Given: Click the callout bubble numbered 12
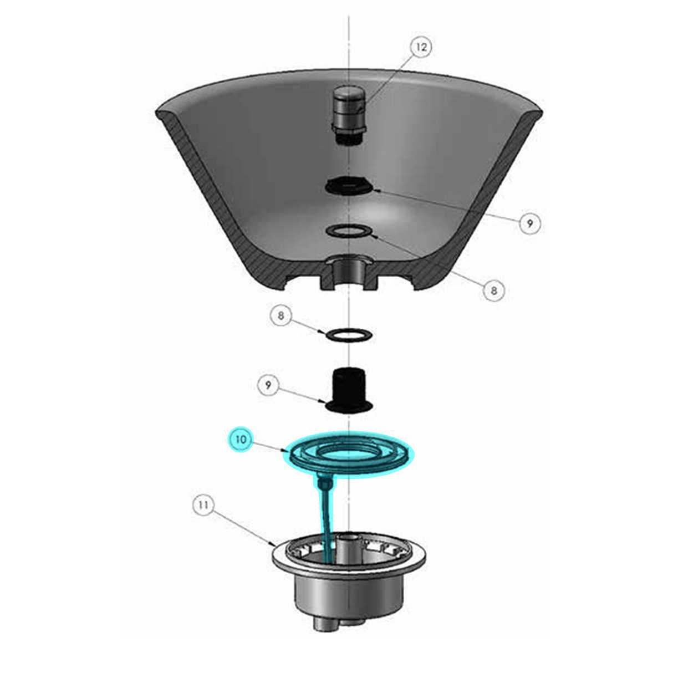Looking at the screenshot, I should click(421, 47).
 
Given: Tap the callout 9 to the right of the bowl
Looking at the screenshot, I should click(530, 223).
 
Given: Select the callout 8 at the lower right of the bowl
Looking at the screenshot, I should click(493, 289).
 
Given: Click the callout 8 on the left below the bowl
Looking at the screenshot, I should click(281, 316).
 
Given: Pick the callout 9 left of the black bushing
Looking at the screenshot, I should click(269, 385).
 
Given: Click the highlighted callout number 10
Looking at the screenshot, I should click(241, 440).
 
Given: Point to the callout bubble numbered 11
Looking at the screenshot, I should click(204, 505).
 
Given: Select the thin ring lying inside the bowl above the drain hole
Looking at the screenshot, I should click(349, 231).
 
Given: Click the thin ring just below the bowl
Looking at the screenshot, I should click(349, 334).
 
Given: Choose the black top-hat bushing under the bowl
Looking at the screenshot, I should click(348, 390).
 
